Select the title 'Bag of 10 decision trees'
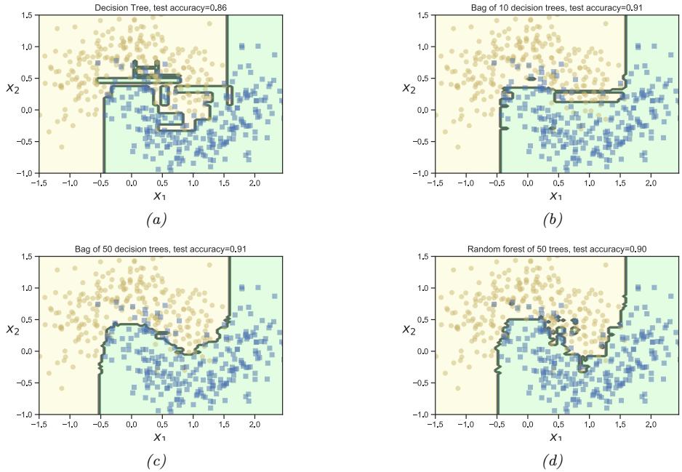tap(555, 7)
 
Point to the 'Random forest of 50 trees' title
tap(555, 249)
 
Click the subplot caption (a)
tap(157, 219)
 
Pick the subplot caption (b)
tap(555, 219)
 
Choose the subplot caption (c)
tap(157, 460)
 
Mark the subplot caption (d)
tap(555, 460)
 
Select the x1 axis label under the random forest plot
tap(555, 436)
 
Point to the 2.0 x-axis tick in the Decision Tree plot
tap(254, 180)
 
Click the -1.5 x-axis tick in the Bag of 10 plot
tap(435, 180)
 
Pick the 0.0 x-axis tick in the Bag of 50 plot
tap(132, 422)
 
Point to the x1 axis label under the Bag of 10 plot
tap(555, 195)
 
